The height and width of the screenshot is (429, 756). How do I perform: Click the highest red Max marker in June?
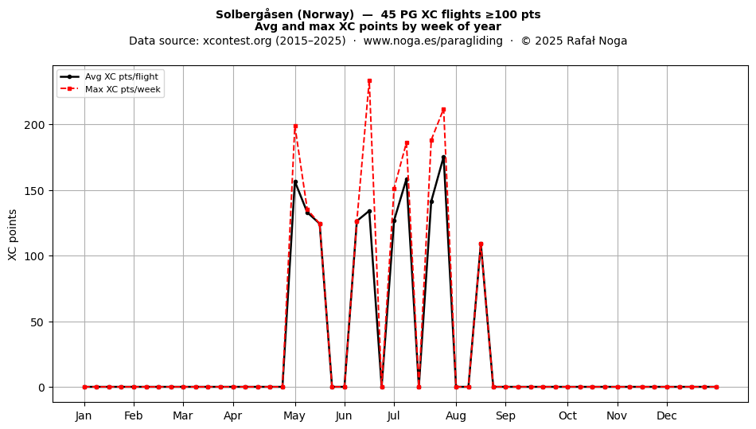click(x=369, y=81)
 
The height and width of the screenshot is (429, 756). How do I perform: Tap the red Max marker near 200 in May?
click(x=295, y=127)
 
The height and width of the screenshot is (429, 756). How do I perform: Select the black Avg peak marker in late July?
click(x=443, y=157)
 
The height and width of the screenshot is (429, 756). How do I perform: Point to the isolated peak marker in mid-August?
click(x=481, y=244)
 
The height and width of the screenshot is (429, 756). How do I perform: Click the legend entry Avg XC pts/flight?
click(x=122, y=76)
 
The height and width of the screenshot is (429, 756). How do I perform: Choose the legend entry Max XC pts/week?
click(x=123, y=89)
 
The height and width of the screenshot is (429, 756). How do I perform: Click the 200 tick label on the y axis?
click(x=34, y=125)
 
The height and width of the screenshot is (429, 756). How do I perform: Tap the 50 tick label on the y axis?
click(x=37, y=322)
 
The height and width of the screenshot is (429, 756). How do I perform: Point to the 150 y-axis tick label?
click(x=34, y=191)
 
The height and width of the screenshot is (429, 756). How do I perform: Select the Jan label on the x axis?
click(x=84, y=415)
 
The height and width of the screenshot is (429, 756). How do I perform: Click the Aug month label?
click(x=456, y=415)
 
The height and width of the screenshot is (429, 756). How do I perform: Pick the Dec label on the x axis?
click(x=667, y=415)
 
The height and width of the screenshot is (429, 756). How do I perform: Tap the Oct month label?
click(x=567, y=415)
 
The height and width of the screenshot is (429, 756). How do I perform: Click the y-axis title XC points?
click(x=13, y=235)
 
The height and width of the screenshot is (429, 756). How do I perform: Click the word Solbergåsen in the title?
click(x=251, y=14)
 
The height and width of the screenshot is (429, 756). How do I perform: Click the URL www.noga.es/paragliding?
click(x=433, y=41)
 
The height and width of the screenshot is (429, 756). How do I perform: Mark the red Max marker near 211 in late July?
click(x=443, y=110)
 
